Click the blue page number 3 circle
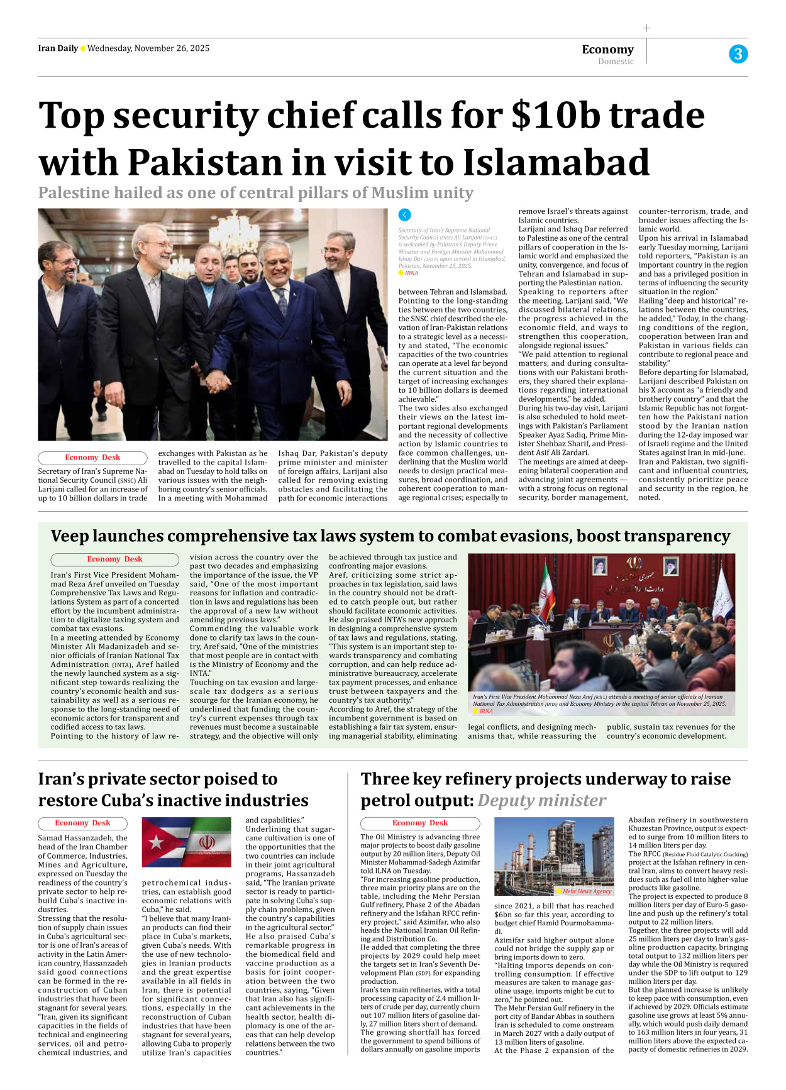[738, 54]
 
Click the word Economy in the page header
[607, 49]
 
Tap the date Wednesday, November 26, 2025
[148, 48]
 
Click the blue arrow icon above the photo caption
[405, 215]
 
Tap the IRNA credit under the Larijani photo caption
[411, 273]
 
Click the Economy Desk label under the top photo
[92, 458]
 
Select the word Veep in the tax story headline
[69, 536]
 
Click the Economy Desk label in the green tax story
[114, 559]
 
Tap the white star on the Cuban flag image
[155, 842]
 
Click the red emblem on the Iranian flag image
[207, 842]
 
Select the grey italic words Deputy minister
[541, 800]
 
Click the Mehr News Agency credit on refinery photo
[586, 891]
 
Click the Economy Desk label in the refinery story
[419, 823]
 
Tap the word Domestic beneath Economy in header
[616, 62]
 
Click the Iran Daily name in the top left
[58, 48]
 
